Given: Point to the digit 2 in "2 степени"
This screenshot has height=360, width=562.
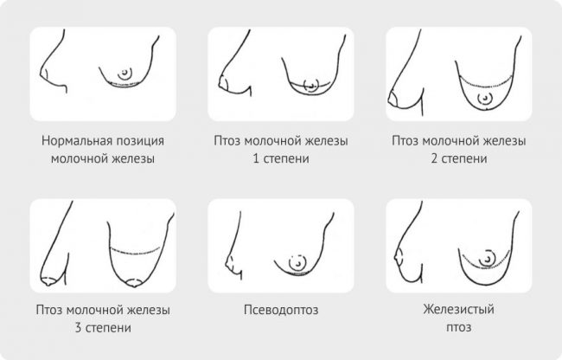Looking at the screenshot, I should pyautogui.click(x=430, y=159).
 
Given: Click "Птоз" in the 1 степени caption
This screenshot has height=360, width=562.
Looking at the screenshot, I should pyautogui.click(x=227, y=140).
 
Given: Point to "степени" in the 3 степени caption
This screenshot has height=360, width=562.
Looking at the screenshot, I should pyautogui.click(x=108, y=329).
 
